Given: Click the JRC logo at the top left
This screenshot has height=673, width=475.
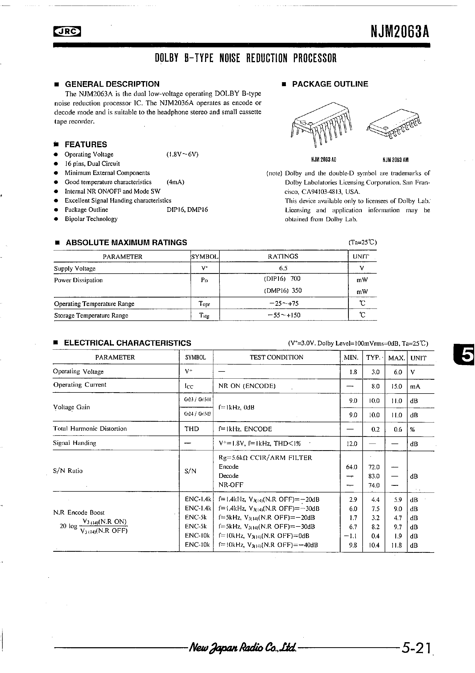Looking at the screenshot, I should [67, 31].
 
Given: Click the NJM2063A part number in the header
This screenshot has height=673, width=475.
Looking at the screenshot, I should [400, 31].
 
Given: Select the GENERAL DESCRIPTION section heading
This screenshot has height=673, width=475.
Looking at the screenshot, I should [112, 84].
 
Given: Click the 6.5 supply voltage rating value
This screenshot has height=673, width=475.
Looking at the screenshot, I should [283, 268].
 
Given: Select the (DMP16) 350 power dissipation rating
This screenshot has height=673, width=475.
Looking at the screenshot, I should [283, 290].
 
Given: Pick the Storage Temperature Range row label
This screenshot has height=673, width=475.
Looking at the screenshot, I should [91, 315].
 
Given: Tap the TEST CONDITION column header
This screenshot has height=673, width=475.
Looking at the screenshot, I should [276, 357].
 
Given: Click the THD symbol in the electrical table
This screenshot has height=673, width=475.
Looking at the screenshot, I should [192, 429].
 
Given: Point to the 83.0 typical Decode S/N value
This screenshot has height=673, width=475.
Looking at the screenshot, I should [374, 476].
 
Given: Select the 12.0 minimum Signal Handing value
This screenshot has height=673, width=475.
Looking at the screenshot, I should [351, 444].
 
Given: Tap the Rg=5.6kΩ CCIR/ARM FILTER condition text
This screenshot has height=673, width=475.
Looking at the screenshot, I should [265, 458].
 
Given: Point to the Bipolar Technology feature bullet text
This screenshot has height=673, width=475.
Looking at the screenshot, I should [91, 219].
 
